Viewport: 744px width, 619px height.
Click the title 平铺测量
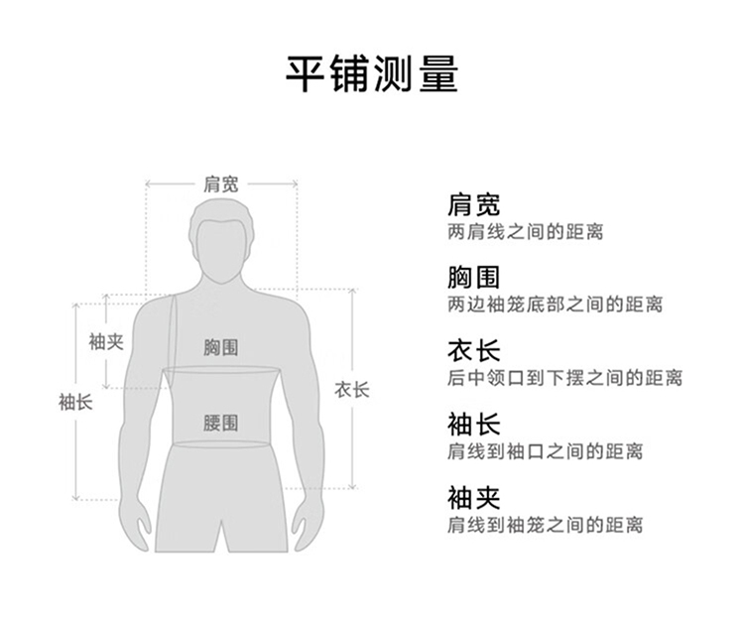click(372, 73)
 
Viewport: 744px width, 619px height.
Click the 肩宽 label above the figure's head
click(221, 184)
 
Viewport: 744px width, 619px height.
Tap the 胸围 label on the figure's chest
click(221, 347)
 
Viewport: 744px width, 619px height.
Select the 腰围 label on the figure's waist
click(221, 423)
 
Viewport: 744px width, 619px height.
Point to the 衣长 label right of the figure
click(351, 390)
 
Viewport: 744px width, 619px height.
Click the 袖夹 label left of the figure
click(106, 341)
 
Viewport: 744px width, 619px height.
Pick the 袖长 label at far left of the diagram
click(75, 402)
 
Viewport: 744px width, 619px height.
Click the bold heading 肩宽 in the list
click(473, 205)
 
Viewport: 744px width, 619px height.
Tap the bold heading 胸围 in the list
click(473, 278)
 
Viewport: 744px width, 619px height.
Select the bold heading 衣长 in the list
click(473, 351)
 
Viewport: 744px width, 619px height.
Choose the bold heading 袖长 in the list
click(473, 425)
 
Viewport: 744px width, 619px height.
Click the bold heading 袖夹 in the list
click(473, 497)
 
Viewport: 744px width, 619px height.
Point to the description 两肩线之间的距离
click(525, 232)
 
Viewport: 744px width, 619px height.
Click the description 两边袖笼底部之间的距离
click(555, 305)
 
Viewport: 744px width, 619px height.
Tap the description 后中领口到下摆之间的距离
click(564, 378)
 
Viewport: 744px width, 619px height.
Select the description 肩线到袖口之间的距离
click(545, 451)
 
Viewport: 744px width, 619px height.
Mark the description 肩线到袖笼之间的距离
click(545, 524)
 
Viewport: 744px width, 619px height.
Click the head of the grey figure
click(221, 243)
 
